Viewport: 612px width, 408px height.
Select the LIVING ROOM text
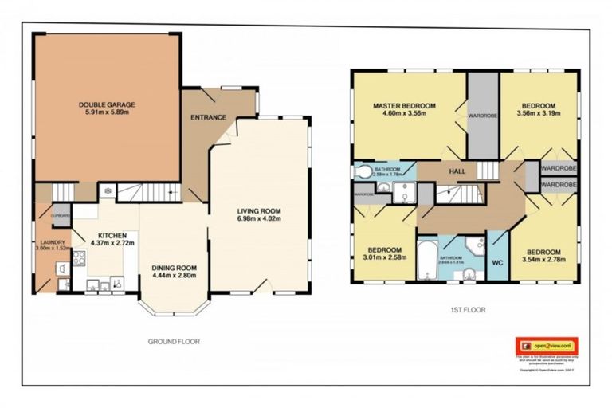(259, 211)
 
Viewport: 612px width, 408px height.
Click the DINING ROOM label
(175, 267)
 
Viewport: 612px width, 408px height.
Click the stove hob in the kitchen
(80, 257)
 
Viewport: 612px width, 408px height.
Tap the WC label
(497, 261)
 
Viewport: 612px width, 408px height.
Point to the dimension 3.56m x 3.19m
(538, 114)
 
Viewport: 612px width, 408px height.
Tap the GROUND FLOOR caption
(173, 341)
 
